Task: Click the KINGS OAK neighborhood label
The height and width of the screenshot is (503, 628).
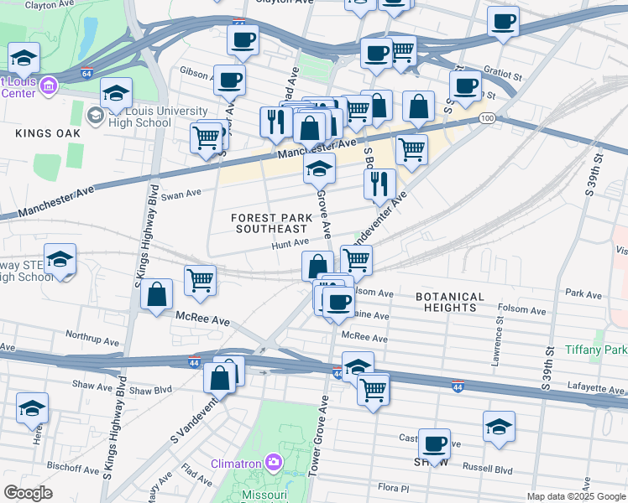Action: pos(47,133)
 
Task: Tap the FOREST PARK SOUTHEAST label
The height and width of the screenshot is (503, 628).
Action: pos(270,223)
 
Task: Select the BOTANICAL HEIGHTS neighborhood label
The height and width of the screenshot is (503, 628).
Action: pos(450,302)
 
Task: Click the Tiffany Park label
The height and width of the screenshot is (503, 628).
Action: pos(595,349)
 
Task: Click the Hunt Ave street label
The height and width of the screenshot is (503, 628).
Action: pos(290,246)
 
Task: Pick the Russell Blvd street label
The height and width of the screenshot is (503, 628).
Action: pos(492,469)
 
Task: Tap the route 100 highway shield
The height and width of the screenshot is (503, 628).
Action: pos(487,120)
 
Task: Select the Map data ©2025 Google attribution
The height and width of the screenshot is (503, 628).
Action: pos(575,496)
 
